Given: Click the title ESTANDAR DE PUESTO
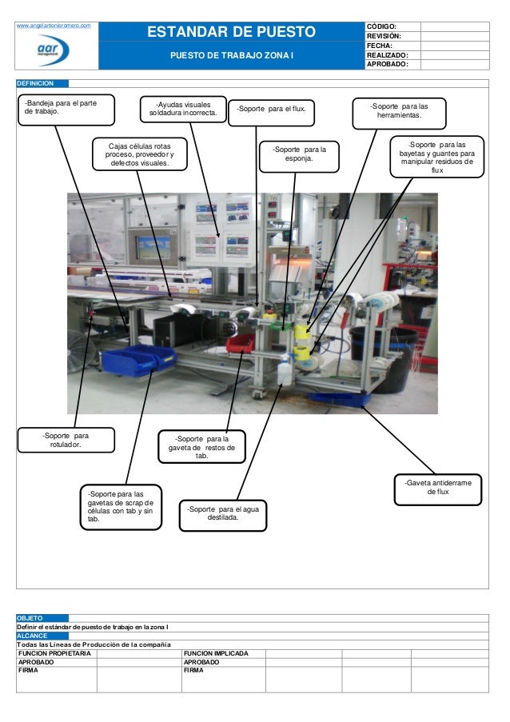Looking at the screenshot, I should [230, 33].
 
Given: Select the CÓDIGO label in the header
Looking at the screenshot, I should [382, 26].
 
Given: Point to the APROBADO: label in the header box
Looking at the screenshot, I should [388, 64].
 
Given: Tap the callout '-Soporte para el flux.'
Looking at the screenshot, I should [272, 112].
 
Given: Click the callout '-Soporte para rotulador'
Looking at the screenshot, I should [66, 441].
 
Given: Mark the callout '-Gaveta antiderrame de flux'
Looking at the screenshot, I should [437, 488].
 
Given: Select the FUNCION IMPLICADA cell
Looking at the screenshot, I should [216, 654].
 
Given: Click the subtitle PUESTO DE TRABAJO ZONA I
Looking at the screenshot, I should [230, 57].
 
